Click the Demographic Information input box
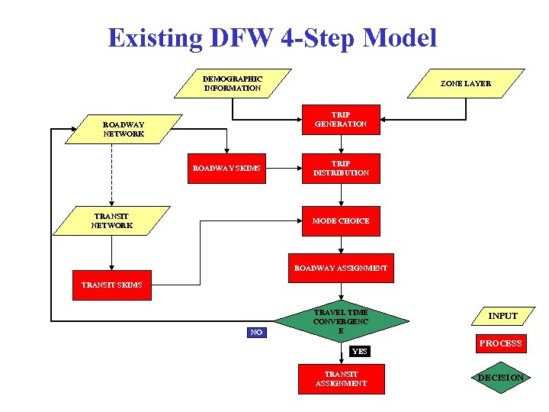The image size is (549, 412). (233, 84)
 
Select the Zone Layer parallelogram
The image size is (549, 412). (466, 84)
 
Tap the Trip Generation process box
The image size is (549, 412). (341, 120)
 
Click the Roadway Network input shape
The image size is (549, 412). (124, 129)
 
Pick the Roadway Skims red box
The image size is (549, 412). (226, 168)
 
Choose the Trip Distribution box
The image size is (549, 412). (341, 169)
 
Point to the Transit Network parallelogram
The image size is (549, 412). (112, 221)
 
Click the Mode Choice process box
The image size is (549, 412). (341, 221)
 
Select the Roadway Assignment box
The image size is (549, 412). (341, 269)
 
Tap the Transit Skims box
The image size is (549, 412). (111, 285)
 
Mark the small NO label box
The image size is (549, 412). (257, 333)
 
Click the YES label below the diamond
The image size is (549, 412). (359, 352)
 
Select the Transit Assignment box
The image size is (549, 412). (341, 379)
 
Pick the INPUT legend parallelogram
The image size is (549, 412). (502, 316)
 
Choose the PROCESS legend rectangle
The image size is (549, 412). (500, 343)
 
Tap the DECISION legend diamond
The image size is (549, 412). (500, 378)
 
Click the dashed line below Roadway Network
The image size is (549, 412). (112, 175)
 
